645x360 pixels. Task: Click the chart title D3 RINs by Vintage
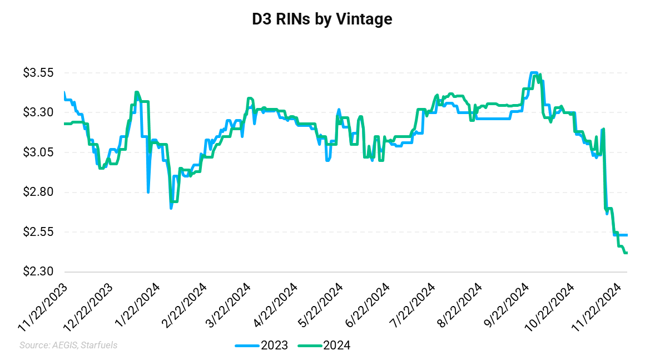coord(322,19)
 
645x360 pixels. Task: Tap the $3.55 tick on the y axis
coord(37,73)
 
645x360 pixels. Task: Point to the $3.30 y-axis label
coord(37,113)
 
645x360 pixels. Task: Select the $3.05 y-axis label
coord(37,152)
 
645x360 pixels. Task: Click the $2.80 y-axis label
coord(37,193)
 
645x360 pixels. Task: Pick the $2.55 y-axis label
coord(37,232)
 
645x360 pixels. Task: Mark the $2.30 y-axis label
coord(37,272)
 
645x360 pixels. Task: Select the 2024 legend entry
coord(324,346)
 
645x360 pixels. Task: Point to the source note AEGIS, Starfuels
coord(68,346)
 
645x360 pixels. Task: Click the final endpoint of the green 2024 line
coord(627,253)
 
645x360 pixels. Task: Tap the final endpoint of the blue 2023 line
coord(627,235)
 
